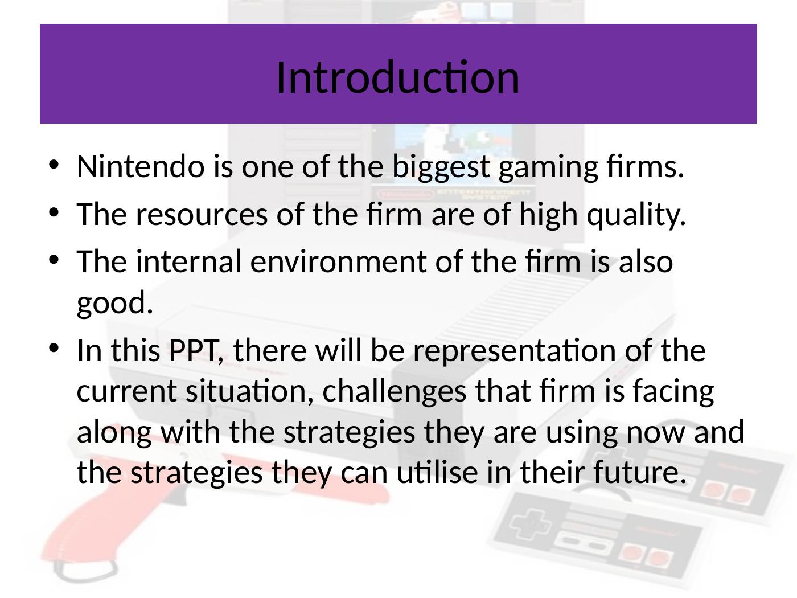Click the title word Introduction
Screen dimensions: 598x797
(x=397, y=77)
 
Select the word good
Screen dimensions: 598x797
(x=114, y=303)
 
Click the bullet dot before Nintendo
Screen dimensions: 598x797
(x=54, y=166)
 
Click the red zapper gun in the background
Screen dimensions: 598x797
(x=85, y=535)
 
